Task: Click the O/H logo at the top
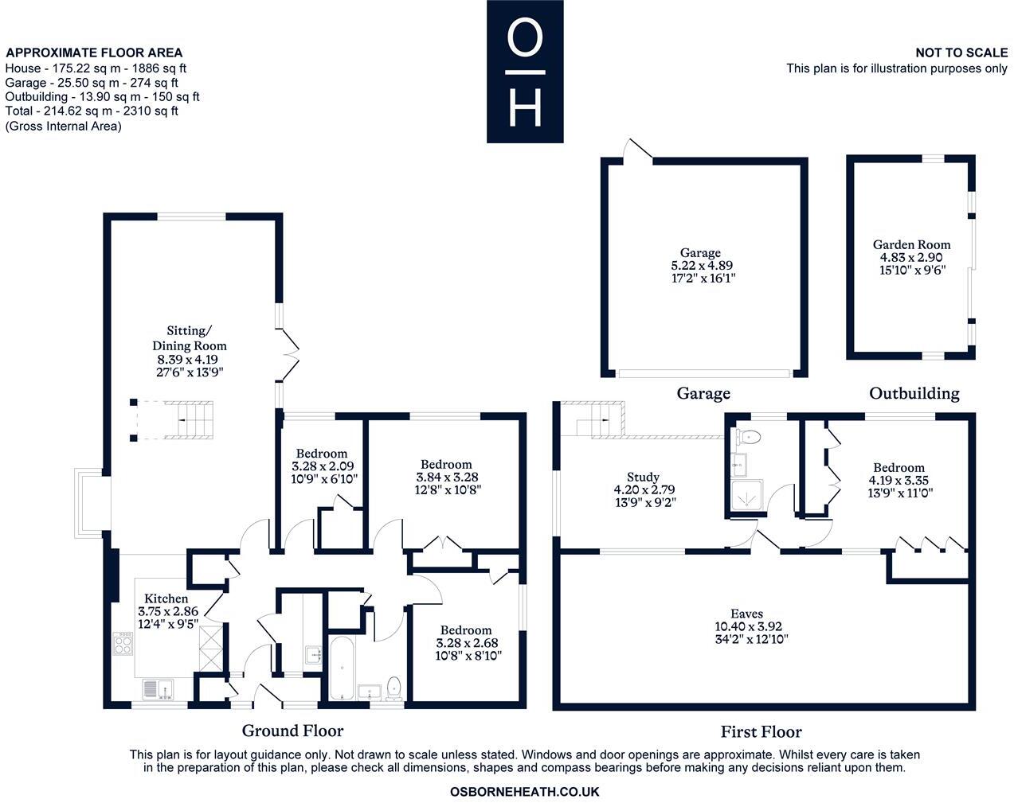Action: click(x=525, y=72)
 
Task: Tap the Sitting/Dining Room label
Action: click(x=190, y=338)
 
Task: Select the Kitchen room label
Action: click(x=166, y=598)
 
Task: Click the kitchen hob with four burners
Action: click(x=124, y=643)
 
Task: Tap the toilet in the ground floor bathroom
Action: click(x=393, y=686)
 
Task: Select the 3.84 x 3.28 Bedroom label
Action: click(x=446, y=464)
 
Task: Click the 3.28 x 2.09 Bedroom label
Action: click(x=321, y=454)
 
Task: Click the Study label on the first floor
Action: click(x=643, y=477)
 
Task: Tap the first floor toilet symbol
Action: click(x=750, y=436)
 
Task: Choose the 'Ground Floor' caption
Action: click(x=292, y=731)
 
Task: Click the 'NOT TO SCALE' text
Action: click(x=961, y=53)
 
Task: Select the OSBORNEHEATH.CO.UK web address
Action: click(x=524, y=792)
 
